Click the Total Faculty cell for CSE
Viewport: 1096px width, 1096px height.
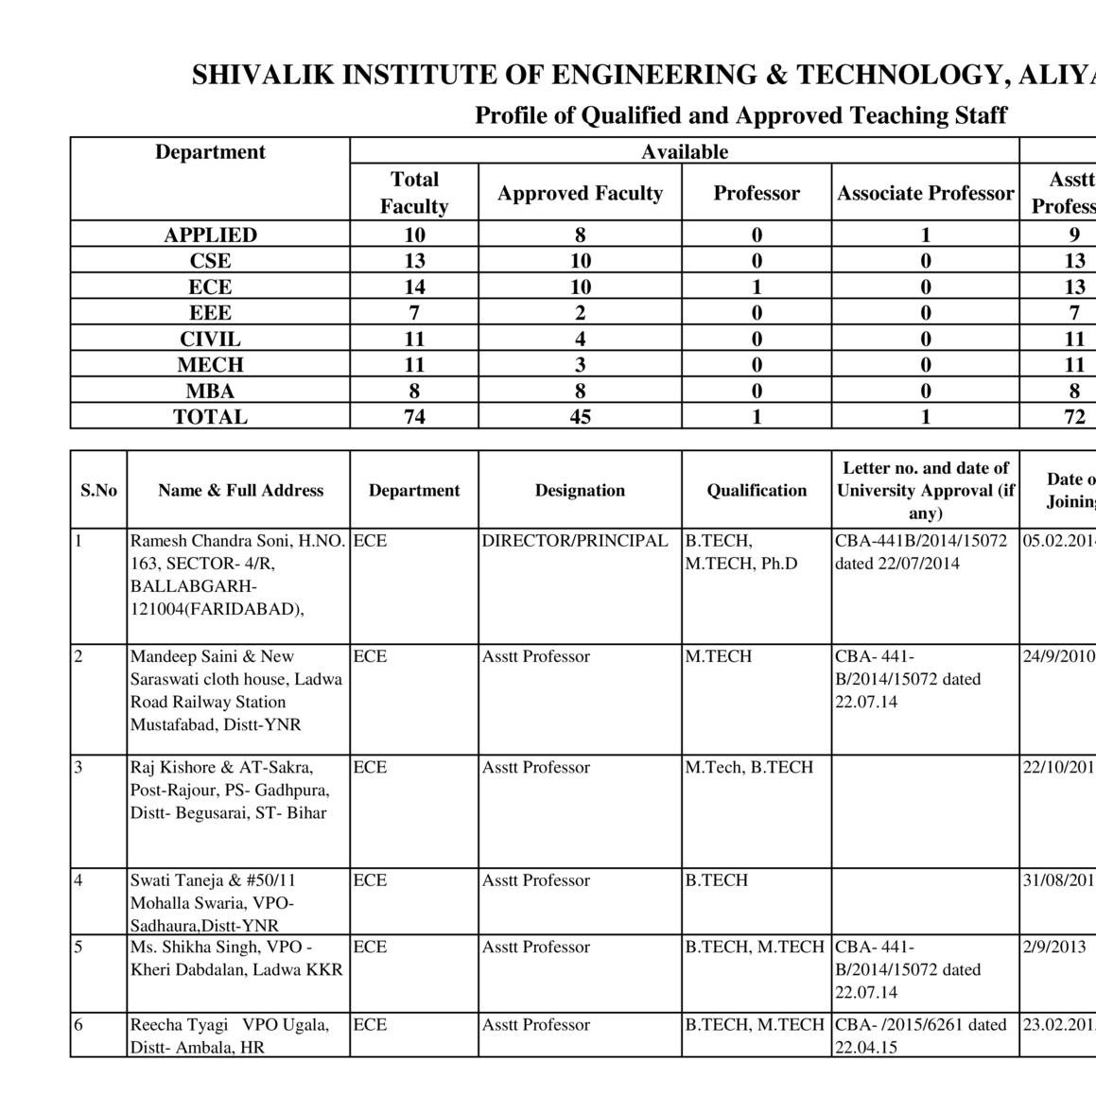click(x=414, y=261)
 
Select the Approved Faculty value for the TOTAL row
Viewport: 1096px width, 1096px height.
click(x=580, y=417)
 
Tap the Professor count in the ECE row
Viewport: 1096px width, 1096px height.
click(x=757, y=287)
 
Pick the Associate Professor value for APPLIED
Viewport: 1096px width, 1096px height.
click(x=925, y=235)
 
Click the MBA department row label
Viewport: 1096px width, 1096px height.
click(x=210, y=391)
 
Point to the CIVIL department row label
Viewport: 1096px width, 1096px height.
click(x=210, y=339)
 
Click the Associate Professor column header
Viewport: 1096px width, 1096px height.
click(x=925, y=194)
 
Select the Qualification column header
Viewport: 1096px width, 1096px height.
click(x=757, y=491)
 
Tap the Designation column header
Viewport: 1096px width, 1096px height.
click(x=580, y=491)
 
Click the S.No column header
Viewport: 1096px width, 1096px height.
click(x=98, y=491)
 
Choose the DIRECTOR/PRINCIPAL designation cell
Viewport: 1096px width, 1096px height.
click(x=575, y=541)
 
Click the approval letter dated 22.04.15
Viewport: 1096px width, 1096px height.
click(x=921, y=1035)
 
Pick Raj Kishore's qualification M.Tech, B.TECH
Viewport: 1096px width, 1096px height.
click(x=749, y=768)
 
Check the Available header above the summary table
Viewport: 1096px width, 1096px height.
click(x=685, y=152)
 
